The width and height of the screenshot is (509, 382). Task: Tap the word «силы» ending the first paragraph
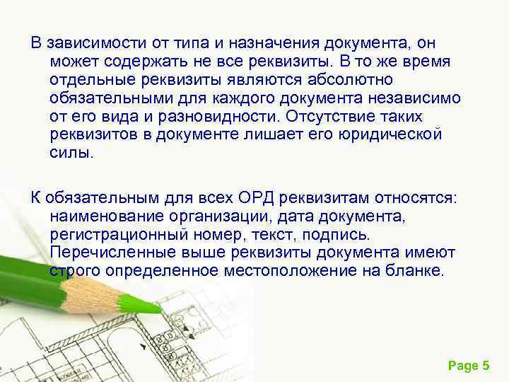tap(70, 152)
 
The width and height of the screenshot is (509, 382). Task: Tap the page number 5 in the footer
tap(485, 366)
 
